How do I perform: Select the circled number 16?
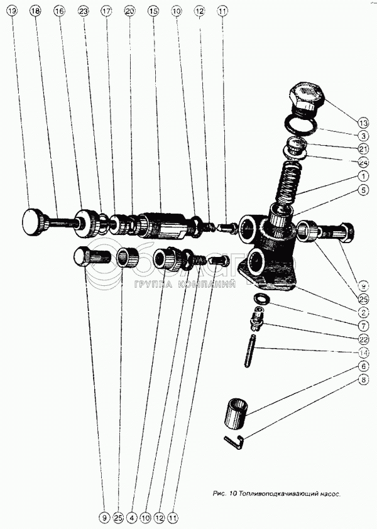pos(59,11)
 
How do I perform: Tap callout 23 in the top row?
pos(83,11)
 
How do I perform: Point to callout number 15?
pos(153,11)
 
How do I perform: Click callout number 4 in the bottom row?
pos(131,518)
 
